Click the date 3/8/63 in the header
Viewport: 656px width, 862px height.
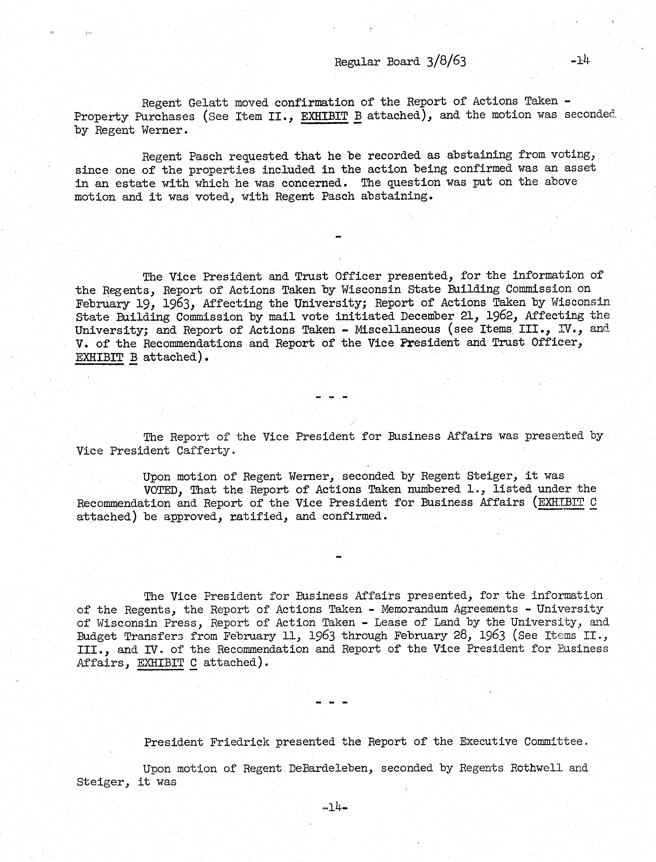[446, 62]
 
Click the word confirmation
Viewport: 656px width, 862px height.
[314, 102]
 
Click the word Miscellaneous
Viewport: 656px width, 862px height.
[397, 330]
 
